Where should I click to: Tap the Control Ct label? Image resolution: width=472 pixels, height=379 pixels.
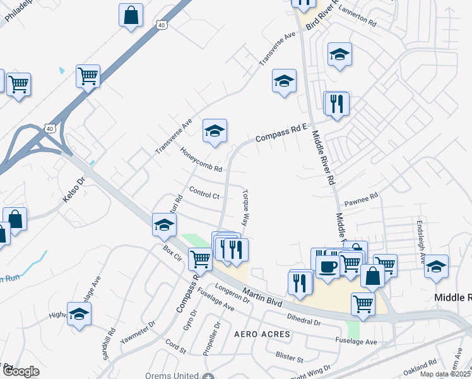[204, 193]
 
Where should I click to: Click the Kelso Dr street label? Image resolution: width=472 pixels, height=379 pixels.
[73, 190]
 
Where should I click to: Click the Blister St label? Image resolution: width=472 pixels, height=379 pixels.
[290, 357]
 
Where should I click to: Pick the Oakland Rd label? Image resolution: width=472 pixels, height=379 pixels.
[421, 367]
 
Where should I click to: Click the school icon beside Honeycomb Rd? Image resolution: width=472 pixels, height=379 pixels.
[215, 131]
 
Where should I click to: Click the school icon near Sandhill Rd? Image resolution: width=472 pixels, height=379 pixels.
[79, 313]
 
